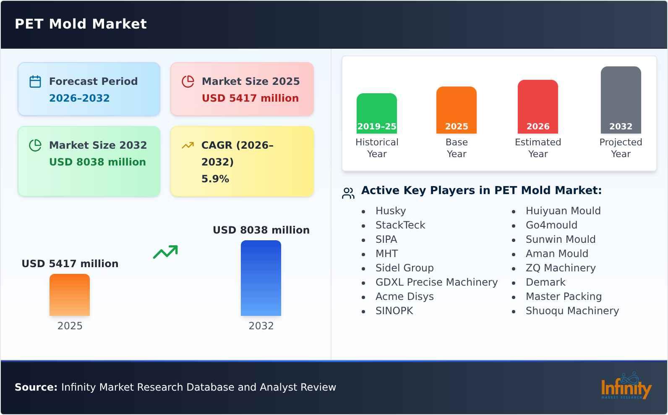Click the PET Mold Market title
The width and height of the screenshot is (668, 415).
81,24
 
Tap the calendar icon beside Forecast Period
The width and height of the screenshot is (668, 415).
35,81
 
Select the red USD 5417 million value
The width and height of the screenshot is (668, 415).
250,98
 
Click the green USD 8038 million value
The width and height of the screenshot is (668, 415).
97,162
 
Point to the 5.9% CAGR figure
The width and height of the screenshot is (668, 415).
215,179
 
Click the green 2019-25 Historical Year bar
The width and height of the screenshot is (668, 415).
376,113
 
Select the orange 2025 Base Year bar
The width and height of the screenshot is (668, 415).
456,109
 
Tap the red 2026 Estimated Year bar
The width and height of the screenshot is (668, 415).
538,106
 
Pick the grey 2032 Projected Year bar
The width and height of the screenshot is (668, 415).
621,99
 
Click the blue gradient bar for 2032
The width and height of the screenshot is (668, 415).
261,278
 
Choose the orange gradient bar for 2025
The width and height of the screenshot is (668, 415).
70,294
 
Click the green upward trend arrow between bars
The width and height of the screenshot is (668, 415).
165,252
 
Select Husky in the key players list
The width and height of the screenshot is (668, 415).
390,211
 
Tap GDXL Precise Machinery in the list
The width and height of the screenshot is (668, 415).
436,282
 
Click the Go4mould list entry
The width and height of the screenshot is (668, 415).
551,225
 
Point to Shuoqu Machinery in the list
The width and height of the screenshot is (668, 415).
572,311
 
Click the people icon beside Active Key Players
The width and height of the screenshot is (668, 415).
348,193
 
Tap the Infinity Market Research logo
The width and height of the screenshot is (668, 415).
626,386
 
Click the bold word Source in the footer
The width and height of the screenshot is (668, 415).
36,387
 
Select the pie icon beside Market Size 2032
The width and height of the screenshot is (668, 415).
35,145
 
